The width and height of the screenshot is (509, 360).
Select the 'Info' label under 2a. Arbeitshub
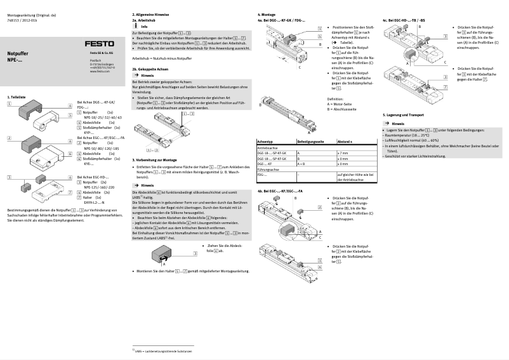(144, 26)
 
